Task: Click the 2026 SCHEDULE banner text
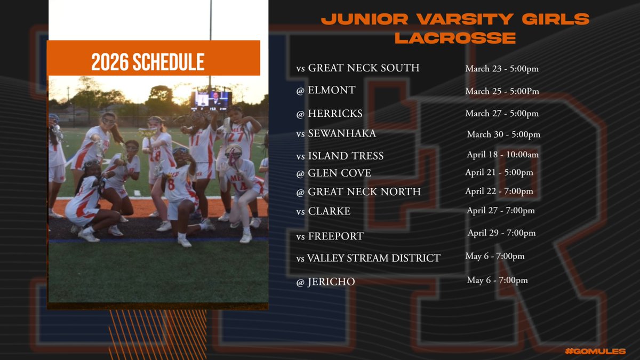point(148,62)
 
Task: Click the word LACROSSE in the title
point(455,38)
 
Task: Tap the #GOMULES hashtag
point(596,350)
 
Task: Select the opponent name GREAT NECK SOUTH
point(364,68)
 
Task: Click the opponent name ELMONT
point(332,91)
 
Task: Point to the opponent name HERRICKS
point(335,114)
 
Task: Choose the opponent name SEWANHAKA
point(342,134)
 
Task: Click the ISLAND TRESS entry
point(346,156)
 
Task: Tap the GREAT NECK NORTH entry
point(364,191)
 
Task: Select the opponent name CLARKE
point(329,211)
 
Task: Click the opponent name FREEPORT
point(335,235)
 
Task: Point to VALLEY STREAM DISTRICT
point(373,259)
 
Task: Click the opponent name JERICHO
point(331,282)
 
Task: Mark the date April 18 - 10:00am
point(502,155)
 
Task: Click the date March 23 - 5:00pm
point(502,68)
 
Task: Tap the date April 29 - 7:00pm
point(501,233)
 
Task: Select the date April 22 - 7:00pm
point(499,191)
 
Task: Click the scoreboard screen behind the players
point(212,99)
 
